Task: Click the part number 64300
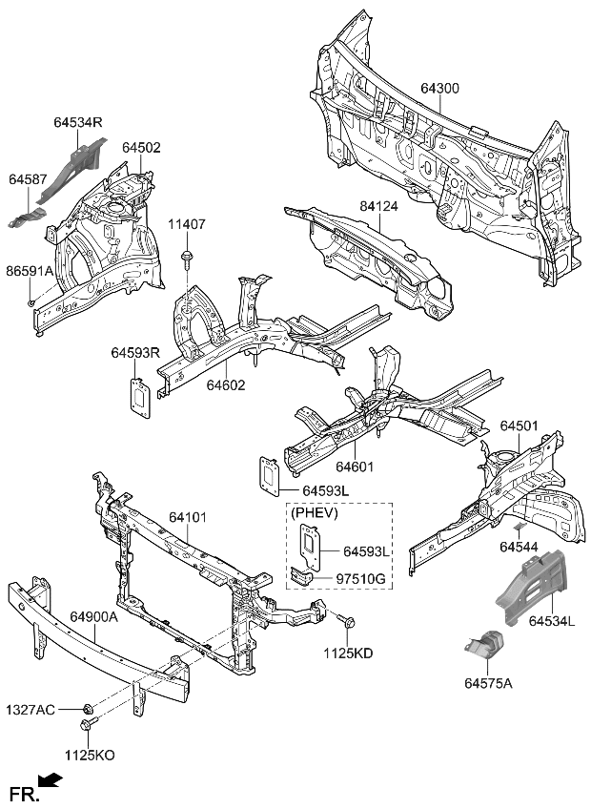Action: click(x=439, y=89)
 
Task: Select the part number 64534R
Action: click(x=79, y=123)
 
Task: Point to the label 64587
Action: click(x=29, y=179)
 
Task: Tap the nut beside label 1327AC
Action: click(x=88, y=709)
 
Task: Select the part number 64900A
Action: click(x=94, y=617)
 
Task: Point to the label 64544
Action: click(x=520, y=548)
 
